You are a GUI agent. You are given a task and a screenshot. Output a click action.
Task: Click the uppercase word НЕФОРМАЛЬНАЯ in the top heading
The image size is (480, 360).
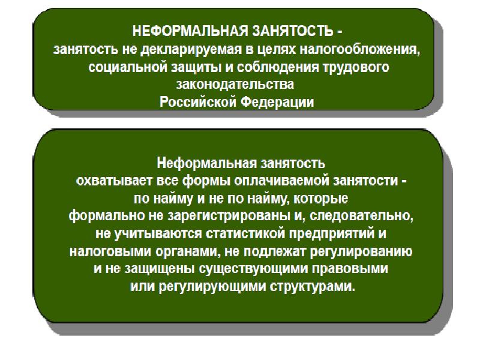tap(190, 31)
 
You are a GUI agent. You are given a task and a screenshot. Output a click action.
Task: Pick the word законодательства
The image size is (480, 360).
tap(235, 84)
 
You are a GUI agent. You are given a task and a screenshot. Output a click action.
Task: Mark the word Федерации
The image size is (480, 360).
tap(277, 102)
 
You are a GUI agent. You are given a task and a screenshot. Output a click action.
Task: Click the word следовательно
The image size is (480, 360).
tap(361, 216)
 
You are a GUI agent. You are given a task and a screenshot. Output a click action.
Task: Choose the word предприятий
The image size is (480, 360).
tap(332, 234)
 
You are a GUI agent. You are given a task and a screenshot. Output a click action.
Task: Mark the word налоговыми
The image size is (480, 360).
tap(110, 251)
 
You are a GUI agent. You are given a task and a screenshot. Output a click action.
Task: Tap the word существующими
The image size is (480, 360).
tap(253, 269)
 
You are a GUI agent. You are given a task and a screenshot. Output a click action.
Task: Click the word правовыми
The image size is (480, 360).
tap(350, 269)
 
